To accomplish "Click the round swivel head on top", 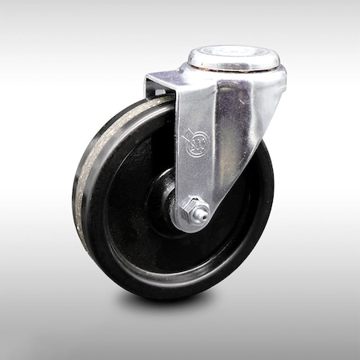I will (234, 60).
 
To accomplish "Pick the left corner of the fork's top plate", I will (150, 78).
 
